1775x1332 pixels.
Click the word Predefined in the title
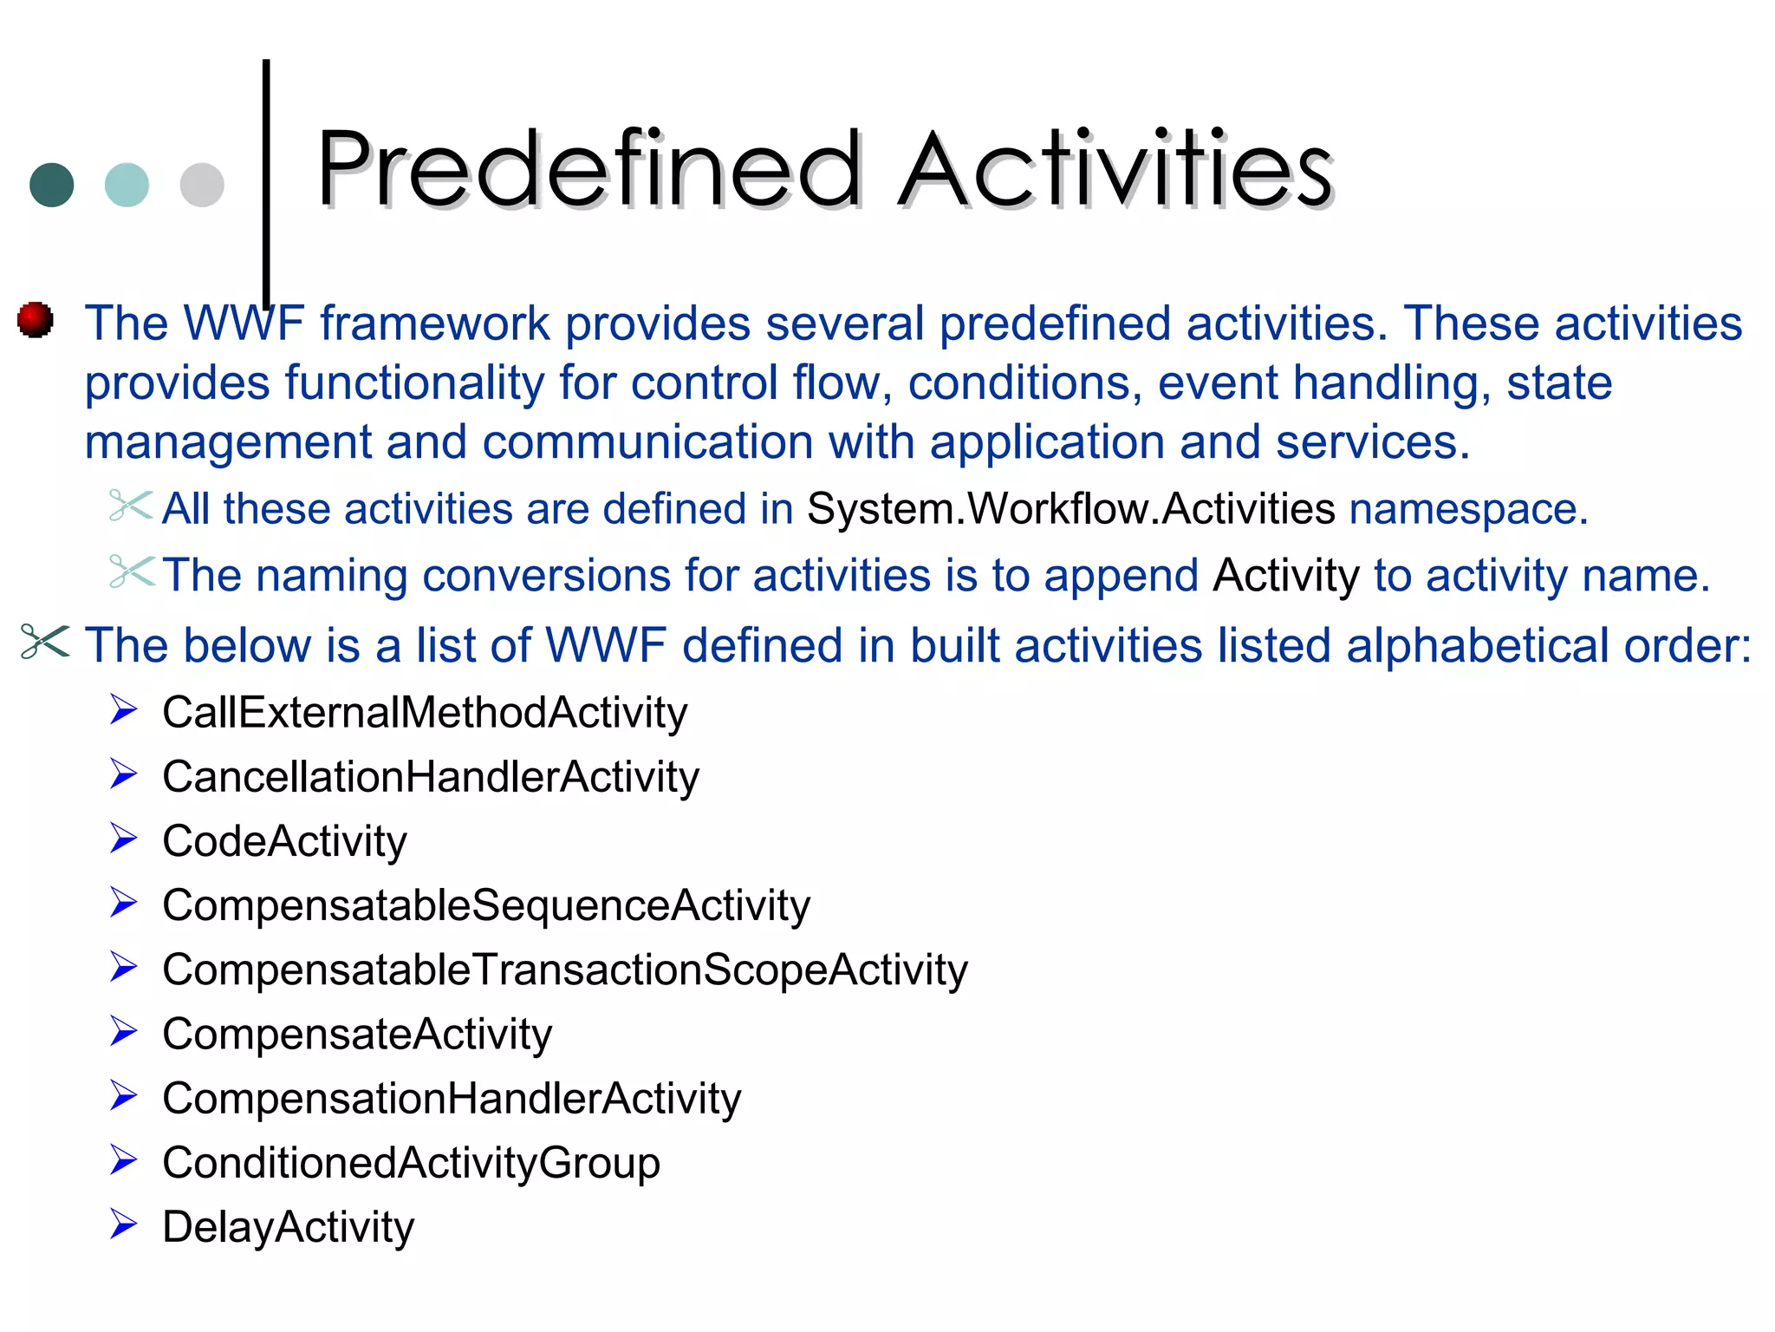click(x=589, y=169)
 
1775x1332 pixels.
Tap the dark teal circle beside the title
click(x=52, y=185)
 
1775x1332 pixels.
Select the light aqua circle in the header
click(x=127, y=185)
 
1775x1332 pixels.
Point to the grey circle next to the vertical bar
click(x=202, y=185)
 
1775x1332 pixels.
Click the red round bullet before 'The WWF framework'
click(x=36, y=320)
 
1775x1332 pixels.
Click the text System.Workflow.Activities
click(x=1070, y=509)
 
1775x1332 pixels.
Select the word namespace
click(x=1467, y=509)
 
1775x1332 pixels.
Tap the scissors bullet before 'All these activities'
click(x=131, y=506)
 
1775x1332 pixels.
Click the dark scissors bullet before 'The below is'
click(x=44, y=643)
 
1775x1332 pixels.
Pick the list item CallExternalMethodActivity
click(x=425, y=713)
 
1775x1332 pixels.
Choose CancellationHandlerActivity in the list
click(x=431, y=777)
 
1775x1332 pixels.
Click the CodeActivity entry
click(x=284, y=841)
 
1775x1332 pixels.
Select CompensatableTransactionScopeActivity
click(x=564, y=970)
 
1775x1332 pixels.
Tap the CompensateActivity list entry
click(x=357, y=1034)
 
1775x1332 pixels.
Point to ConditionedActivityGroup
click(x=411, y=1163)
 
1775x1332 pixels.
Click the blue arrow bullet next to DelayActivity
click(x=124, y=1224)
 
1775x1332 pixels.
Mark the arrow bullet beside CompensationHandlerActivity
click(x=124, y=1096)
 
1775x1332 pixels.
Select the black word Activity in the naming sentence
click(x=1286, y=576)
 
